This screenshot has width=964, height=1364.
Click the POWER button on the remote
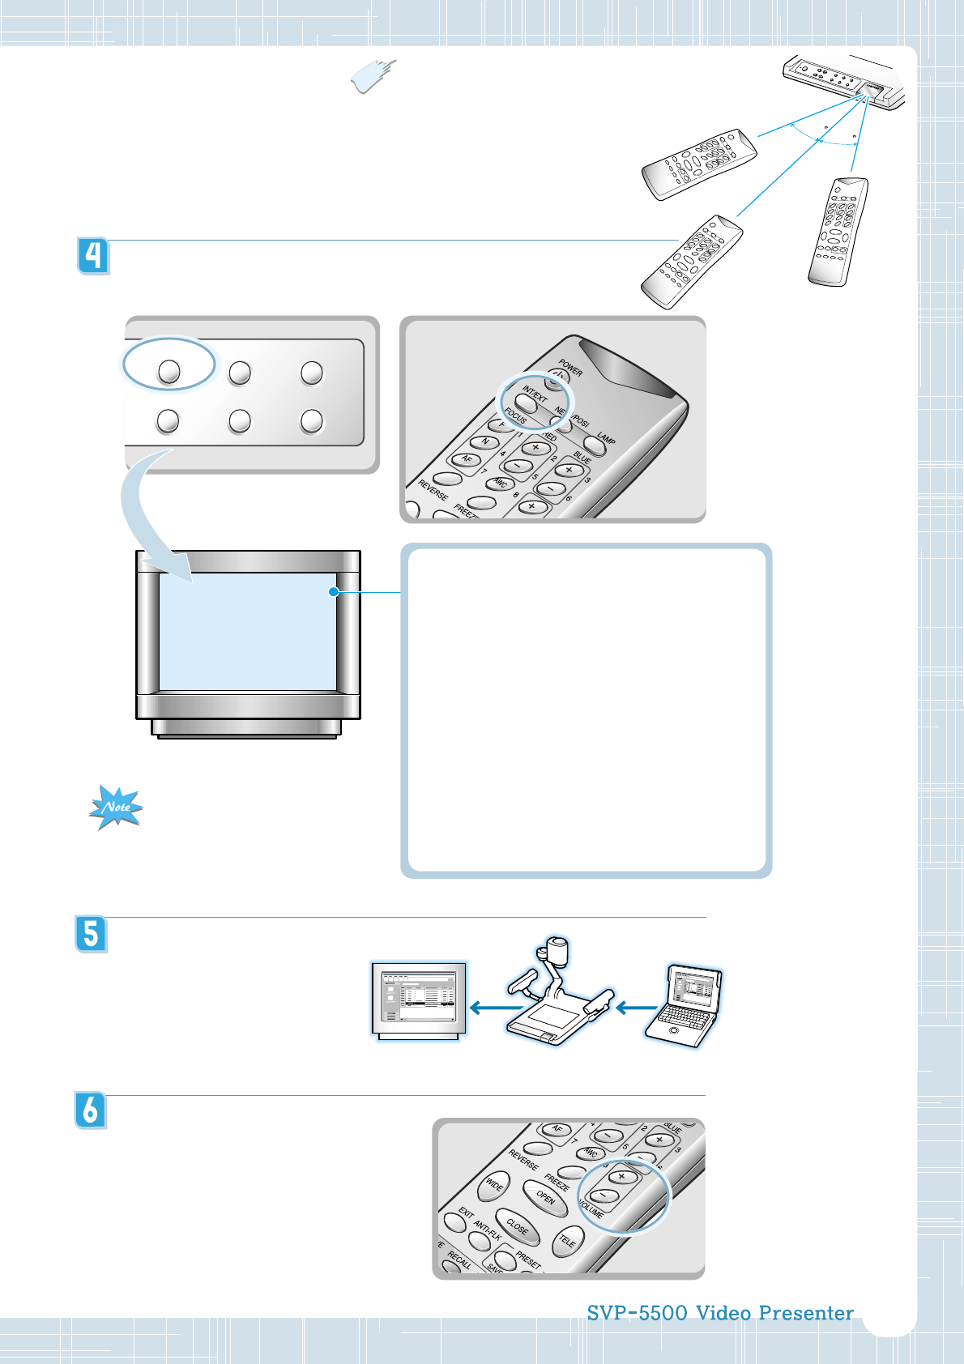557,377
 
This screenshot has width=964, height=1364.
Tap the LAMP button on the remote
595,445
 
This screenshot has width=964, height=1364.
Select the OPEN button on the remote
540,1194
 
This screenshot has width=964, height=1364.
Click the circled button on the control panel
168,371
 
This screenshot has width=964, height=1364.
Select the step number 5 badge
92,934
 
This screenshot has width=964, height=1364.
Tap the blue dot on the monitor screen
333,592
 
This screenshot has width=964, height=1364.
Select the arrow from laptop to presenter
637,1008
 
